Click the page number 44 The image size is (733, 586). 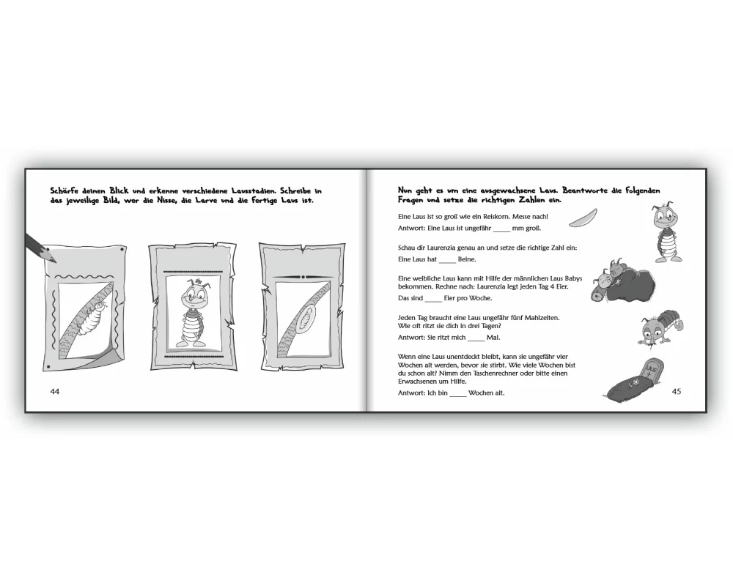[x=55, y=392]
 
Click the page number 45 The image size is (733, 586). [x=676, y=392]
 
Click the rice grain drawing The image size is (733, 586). [x=583, y=218]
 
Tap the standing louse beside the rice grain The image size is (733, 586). [x=666, y=232]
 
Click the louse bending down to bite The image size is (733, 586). [x=661, y=327]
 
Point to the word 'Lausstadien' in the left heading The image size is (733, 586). [x=252, y=190]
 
